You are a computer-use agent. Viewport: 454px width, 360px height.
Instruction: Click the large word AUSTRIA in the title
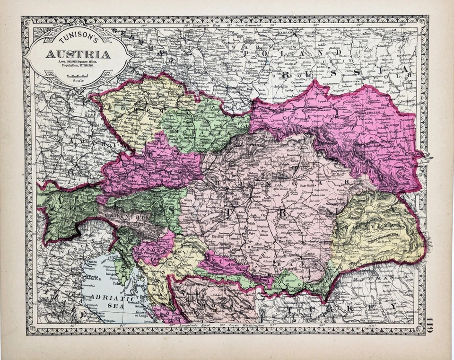point(78,54)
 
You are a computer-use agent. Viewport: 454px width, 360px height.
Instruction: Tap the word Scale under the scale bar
point(76,80)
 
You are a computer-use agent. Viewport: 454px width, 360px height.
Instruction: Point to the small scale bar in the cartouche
point(76,75)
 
